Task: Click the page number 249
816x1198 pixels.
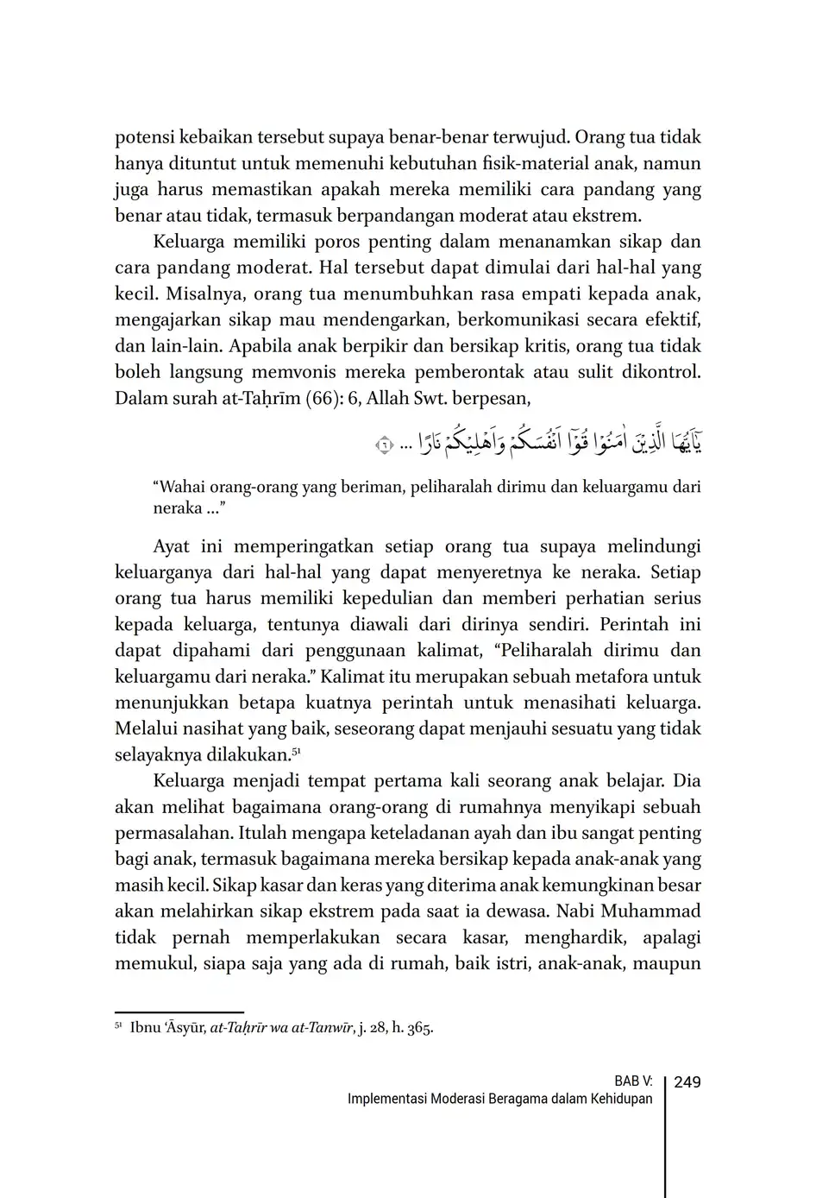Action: pyautogui.click(x=687, y=1082)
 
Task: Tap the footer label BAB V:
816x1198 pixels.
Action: pyautogui.click(x=633, y=1082)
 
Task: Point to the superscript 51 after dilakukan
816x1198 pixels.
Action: pyautogui.click(x=295, y=750)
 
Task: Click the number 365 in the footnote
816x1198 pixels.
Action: pyautogui.click(x=419, y=1028)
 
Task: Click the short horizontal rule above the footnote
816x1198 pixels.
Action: pyautogui.click(x=179, y=1012)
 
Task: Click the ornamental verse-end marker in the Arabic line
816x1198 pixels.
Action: pyautogui.click(x=384, y=445)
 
